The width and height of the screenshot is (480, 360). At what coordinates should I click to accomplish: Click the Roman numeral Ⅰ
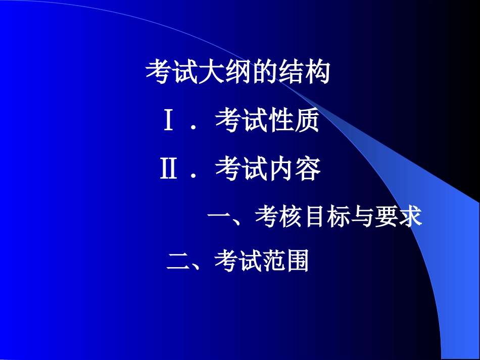(169, 122)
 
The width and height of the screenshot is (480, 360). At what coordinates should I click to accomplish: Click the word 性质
(294, 122)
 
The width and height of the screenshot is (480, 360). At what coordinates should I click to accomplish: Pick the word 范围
(286, 262)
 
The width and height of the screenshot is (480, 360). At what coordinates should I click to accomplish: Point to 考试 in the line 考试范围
(237, 262)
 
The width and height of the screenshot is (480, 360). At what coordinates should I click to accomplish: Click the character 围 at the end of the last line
(298, 262)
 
